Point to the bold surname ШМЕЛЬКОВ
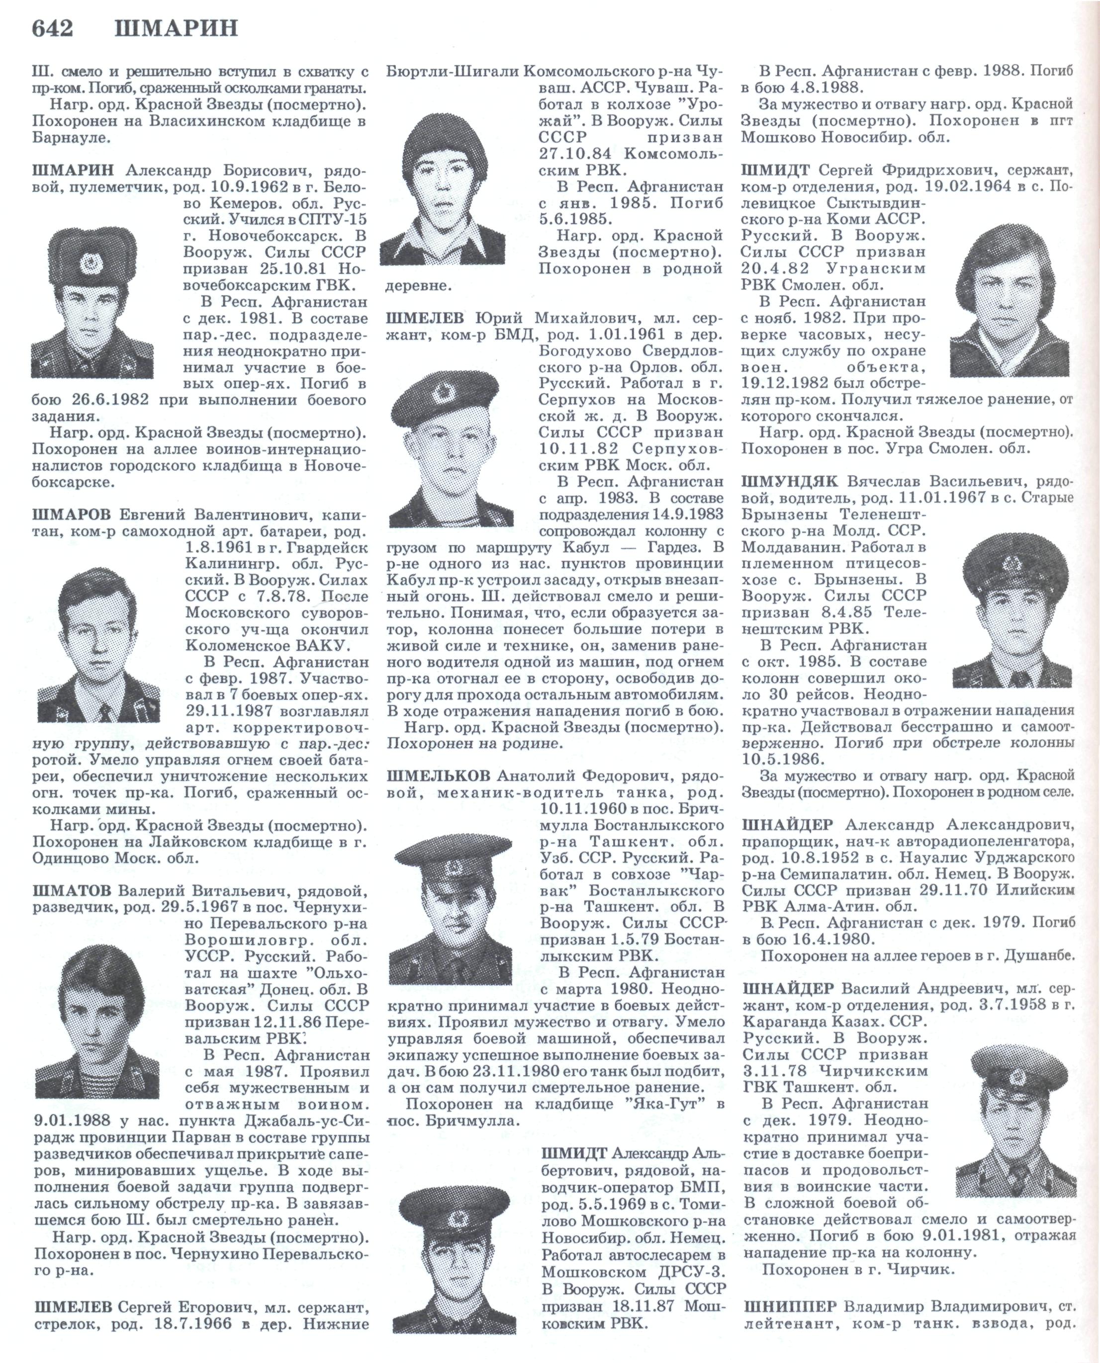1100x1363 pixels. click(438, 776)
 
